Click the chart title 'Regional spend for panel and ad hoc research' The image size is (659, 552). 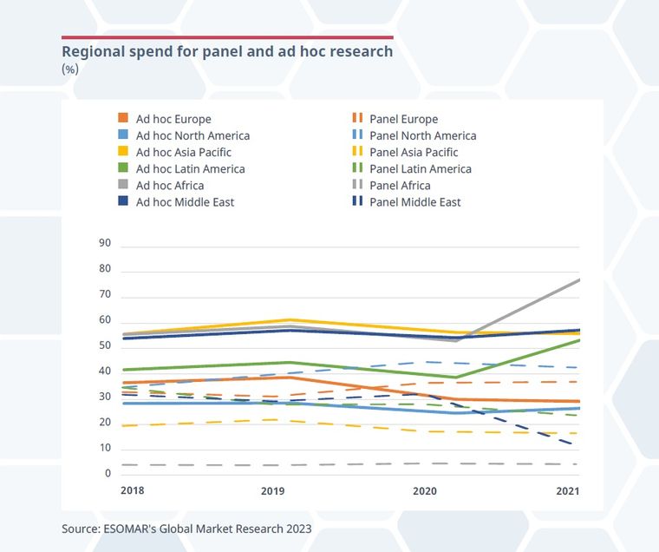pyautogui.click(x=227, y=52)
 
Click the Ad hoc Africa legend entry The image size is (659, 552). pyautogui.click(x=163, y=185)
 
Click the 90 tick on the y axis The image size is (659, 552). pyautogui.click(x=105, y=244)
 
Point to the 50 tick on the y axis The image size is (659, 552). pyautogui.click(x=105, y=346)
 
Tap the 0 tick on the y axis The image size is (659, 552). pyautogui.click(x=108, y=474)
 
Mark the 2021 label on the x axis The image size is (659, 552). pyautogui.click(x=565, y=491)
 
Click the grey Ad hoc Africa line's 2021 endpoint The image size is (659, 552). pyautogui.click(x=578, y=279)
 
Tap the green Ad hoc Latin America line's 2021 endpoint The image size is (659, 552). pyautogui.click(x=578, y=340)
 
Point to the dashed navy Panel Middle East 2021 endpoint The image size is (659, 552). pyautogui.click(x=577, y=445)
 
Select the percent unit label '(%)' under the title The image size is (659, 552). pyautogui.click(x=70, y=69)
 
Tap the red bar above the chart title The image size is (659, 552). pyautogui.click(x=227, y=37)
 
